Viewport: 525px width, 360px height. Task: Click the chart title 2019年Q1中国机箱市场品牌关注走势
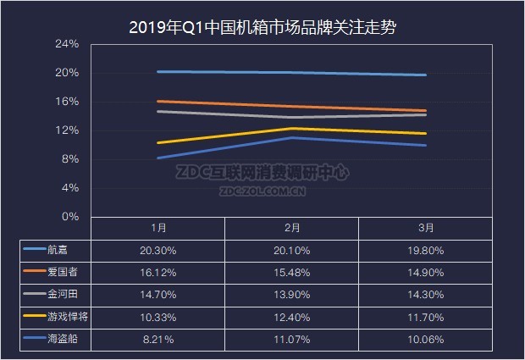pos(262,27)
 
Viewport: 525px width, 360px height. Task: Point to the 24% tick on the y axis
pos(67,44)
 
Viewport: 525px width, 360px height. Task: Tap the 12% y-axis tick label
pos(67,130)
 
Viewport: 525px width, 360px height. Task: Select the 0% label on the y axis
pos(70,217)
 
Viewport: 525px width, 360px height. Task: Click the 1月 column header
pos(158,228)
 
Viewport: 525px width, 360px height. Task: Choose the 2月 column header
pos(292,228)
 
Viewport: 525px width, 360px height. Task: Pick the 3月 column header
pos(427,228)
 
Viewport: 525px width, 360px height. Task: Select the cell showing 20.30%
pos(158,250)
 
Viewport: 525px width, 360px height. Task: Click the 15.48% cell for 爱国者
pos(292,272)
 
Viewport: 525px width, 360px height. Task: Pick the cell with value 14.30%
pos(427,294)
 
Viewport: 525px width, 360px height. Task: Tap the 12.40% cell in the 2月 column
pos(292,317)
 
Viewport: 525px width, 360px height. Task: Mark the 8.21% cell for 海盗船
pos(158,339)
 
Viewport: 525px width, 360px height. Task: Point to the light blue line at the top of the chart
pos(292,73)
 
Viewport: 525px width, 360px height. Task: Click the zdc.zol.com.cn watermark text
pos(262,192)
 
